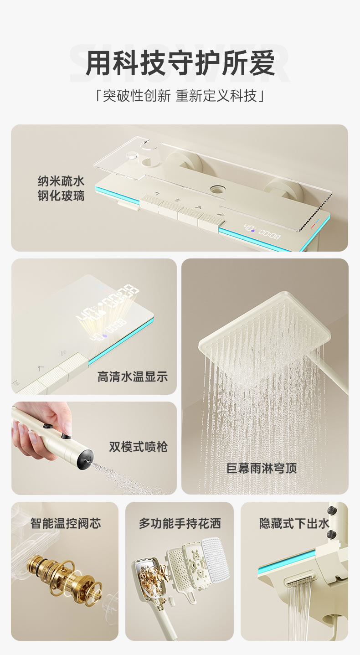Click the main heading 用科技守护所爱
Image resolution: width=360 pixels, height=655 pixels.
(180, 63)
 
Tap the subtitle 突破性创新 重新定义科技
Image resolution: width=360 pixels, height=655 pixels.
(180, 96)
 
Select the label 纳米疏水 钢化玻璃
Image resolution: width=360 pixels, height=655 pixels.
(61, 188)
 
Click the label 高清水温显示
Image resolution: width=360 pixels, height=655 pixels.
(133, 376)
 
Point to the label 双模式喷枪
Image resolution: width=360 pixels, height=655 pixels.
(139, 447)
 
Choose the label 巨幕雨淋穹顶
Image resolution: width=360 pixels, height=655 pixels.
(262, 468)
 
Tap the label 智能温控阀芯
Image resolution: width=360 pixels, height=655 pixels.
(66, 523)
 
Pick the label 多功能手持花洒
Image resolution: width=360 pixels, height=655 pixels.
(180, 523)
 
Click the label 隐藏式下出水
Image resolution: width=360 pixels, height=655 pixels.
(294, 523)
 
